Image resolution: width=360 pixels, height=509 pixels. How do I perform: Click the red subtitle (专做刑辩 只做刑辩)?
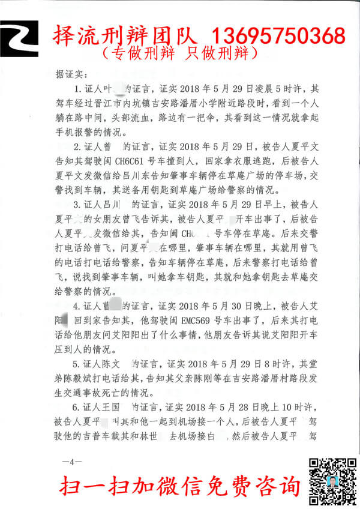click(x=179, y=53)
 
